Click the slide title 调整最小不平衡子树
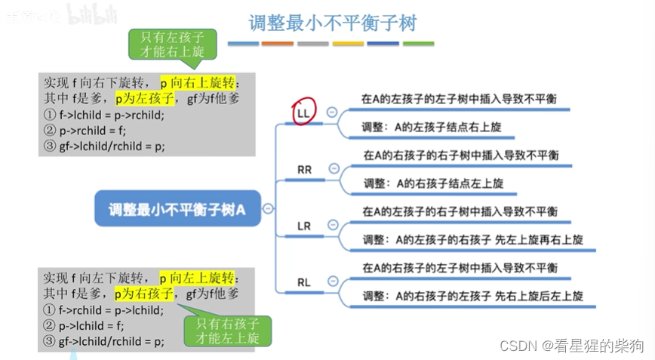coord(332,23)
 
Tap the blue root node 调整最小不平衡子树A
coord(177,209)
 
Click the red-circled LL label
coord(304,112)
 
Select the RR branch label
coord(304,170)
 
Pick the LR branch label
coord(304,226)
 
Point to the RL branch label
coord(304,282)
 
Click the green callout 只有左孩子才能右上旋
coord(173,45)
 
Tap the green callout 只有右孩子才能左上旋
coord(227,330)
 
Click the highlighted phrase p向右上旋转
coord(198,82)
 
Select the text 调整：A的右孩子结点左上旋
coord(433,183)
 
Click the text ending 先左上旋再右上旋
coord(472,240)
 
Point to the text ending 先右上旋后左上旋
coord(472,296)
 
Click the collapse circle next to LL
coord(331,112)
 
